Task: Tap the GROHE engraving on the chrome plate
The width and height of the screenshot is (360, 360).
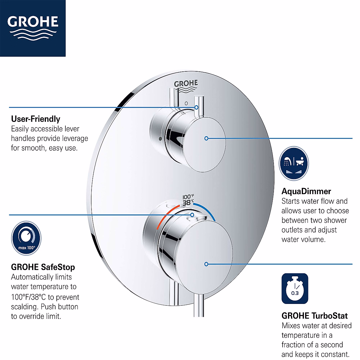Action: click(x=186, y=84)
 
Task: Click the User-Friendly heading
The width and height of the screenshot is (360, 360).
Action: click(x=36, y=119)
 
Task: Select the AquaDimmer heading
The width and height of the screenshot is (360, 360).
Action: click(x=306, y=191)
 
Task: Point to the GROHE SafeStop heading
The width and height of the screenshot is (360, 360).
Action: click(x=43, y=267)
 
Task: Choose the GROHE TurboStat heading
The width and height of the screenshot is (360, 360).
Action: click(x=315, y=316)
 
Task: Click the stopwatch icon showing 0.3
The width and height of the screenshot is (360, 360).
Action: click(x=295, y=289)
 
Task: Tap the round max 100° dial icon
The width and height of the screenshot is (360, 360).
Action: click(x=26, y=238)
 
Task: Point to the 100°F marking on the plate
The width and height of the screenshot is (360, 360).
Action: click(x=188, y=197)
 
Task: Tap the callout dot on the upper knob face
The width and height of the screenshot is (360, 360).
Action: click(x=206, y=138)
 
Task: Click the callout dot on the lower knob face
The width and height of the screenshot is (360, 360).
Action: click(x=206, y=264)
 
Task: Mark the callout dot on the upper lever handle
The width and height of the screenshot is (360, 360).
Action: click(x=196, y=107)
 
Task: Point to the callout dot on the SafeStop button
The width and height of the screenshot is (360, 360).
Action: click(x=192, y=215)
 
